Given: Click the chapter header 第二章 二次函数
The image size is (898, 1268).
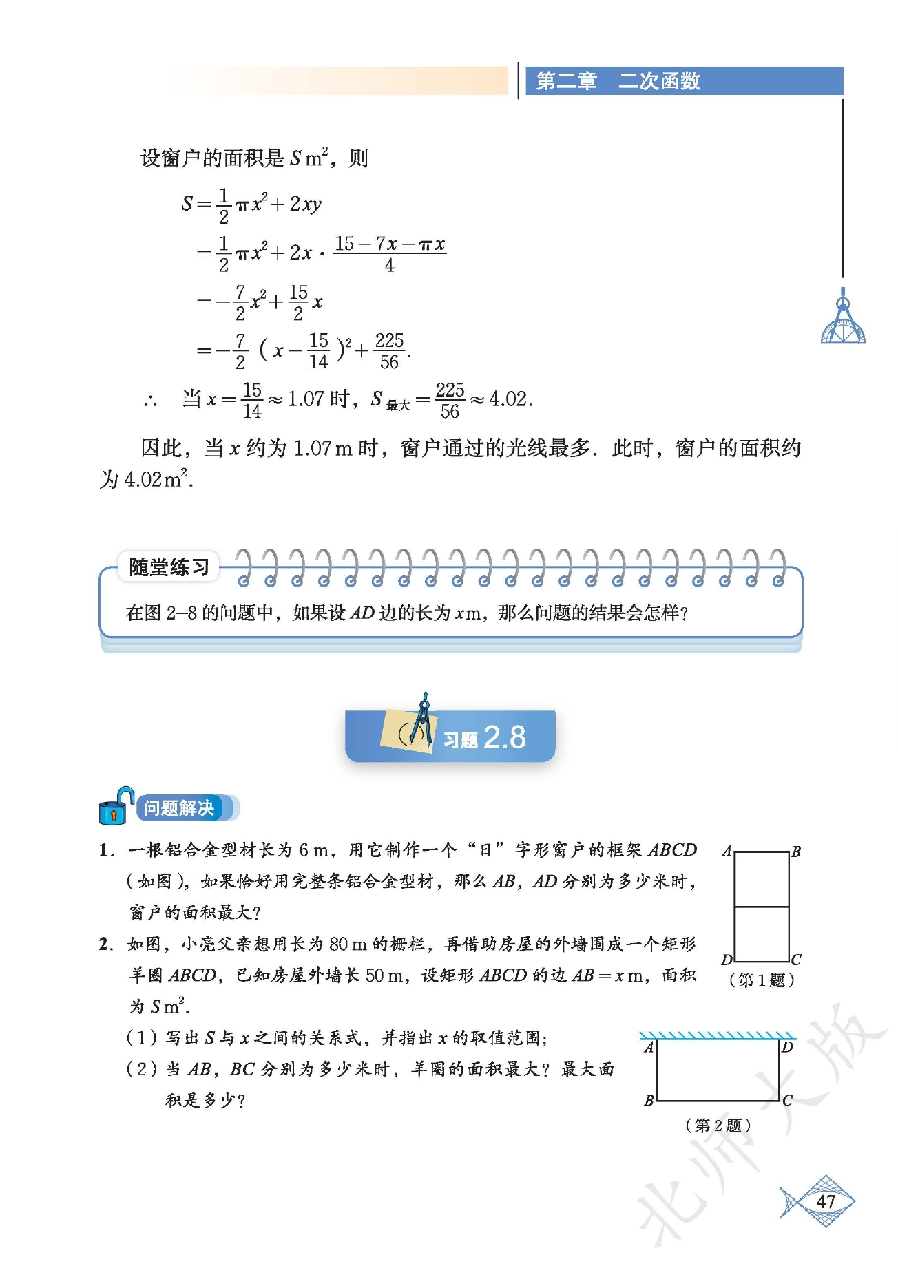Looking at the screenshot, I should [x=618, y=81].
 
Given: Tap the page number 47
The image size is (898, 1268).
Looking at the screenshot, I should [x=825, y=1202].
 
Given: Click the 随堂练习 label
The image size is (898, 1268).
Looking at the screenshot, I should [x=169, y=567].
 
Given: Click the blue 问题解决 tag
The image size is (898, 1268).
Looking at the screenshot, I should [x=179, y=808].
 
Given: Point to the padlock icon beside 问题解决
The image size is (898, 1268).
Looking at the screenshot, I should [x=114, y=807].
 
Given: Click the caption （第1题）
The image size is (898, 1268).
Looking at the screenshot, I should [x=761, y=980].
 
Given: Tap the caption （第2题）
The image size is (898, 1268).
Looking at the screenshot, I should [x=718, y=1125].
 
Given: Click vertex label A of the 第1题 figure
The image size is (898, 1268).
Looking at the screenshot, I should [x=727, y=851].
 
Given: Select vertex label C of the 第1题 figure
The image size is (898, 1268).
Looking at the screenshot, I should [x=796, y=960].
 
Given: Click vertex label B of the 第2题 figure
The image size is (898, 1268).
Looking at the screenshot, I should [x=649, y=1100].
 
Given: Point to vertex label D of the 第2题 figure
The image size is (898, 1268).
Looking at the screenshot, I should [x=788, y=1047].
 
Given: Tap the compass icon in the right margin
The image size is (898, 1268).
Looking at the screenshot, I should [x=843, y=321].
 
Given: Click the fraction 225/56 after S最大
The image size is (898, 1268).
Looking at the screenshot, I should [x=450, y=400].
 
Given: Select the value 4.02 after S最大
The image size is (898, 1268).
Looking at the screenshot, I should [x=510, y=399].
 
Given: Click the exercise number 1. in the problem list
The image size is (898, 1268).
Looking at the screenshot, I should [x=105, y=850].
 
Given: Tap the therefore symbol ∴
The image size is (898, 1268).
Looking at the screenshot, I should [x=151, y=401].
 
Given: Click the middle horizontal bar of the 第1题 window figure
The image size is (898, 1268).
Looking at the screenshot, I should [x=762, y=907].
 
